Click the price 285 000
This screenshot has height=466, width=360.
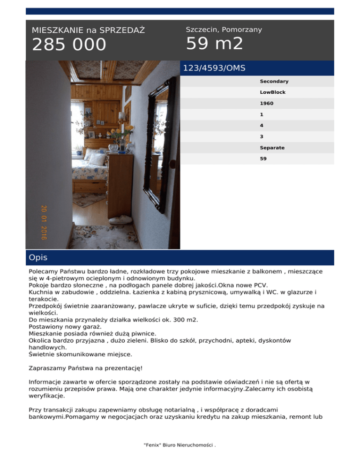(69, 45)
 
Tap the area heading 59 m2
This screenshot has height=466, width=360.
(214, 44)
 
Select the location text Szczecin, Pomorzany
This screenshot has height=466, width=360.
(224, 30)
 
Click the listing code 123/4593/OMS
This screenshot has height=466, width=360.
(214, 68)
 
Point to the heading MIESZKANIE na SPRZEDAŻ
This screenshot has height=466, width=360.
(88, 30)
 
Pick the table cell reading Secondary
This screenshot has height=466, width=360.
(274, 82)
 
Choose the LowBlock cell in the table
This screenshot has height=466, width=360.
(272, 92)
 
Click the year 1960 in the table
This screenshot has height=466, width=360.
(267, 104)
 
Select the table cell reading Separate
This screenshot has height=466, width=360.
(272, 148)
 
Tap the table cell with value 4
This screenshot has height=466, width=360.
(262, 126)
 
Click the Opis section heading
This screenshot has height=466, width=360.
(38, 258)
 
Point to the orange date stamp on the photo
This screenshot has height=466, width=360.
(44, 222)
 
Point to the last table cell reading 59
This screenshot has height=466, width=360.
(263, 158)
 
